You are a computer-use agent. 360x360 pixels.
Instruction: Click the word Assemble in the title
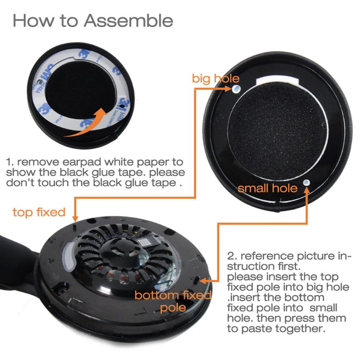pyautogui.click(x=128, y=21)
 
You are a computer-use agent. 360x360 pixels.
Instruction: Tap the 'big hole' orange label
pyautogui.click(x=216, y=79)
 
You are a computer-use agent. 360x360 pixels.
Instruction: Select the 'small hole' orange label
pyautogui.click(x=267, y=188)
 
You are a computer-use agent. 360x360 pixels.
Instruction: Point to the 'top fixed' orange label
pyautogui.click(x=39, y=212)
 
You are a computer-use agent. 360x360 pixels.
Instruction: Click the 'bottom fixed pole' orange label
pyautogui.click(x=173, y=301)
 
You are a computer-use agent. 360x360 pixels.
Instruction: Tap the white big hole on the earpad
pyautogui.click(x=236, y=89)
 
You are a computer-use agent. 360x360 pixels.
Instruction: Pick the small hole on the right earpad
pyautogui.click(x=306, y=183)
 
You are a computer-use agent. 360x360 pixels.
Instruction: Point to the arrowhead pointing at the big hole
pyautogui.click(x=228, y=89)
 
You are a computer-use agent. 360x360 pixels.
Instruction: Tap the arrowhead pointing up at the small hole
pyautogui.click(x=306, y=190)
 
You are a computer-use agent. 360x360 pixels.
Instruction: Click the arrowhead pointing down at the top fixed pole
pyautogui.click(x=75, y=219)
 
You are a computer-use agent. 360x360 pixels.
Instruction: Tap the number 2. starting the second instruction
pyautogui.click(x=232, y=256)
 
